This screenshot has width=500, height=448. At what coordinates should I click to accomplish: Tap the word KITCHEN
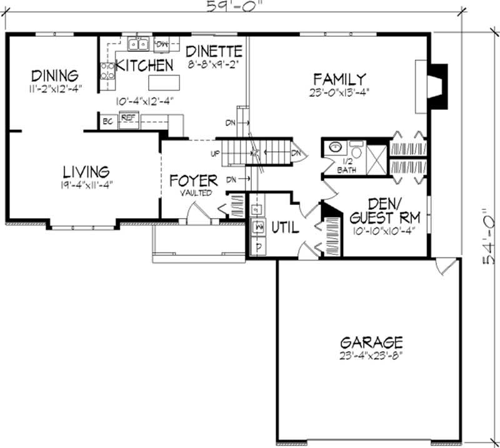click(x=144, y=65)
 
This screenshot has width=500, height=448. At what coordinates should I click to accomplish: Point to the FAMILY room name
click(x=339, y=79)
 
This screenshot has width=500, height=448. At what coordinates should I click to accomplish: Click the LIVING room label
click(x=86, y=171)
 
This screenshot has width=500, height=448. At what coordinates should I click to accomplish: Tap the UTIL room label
click(x=284, y=228)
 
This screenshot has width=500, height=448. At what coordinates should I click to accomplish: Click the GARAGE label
click(x=371, y=342)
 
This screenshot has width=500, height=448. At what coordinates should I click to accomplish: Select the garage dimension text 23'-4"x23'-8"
click(x=371, y=357)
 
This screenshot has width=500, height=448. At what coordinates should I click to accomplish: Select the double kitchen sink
click(x=138, y=44)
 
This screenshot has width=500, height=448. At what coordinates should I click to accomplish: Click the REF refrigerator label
click(x=127, y=117)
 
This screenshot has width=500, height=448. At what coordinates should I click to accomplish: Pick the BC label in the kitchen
click(x=107, y=121)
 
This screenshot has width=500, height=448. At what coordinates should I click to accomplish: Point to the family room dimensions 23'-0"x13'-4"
click(x=339, y=92)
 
